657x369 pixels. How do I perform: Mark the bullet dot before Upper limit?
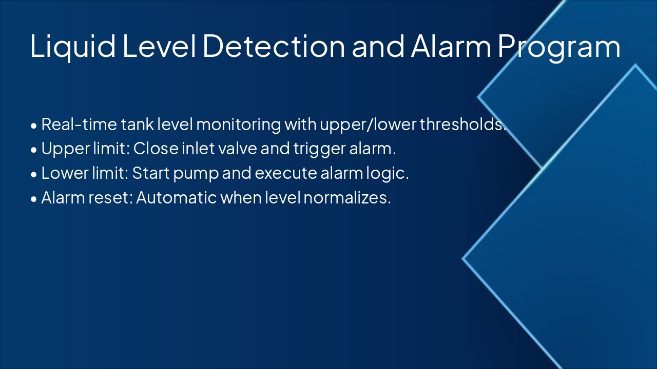34,150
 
